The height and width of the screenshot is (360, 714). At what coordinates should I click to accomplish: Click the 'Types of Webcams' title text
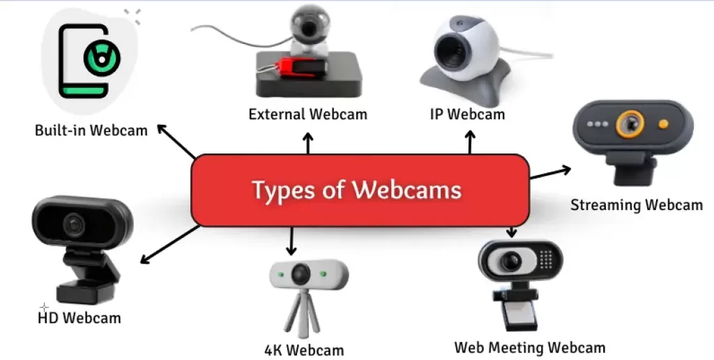356,190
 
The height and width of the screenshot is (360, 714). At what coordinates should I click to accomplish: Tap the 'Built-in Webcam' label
91,130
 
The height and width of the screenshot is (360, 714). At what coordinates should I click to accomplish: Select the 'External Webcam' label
307,114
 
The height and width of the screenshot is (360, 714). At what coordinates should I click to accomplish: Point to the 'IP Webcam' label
467,114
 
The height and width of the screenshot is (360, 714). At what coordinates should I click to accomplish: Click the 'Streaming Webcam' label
636,205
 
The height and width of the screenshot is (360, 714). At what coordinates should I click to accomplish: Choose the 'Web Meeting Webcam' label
530,347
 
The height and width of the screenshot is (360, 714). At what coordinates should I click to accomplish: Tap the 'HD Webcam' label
79,318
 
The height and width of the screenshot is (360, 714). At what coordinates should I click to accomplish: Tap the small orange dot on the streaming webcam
663,124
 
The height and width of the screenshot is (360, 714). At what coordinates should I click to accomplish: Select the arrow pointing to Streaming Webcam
551,172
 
